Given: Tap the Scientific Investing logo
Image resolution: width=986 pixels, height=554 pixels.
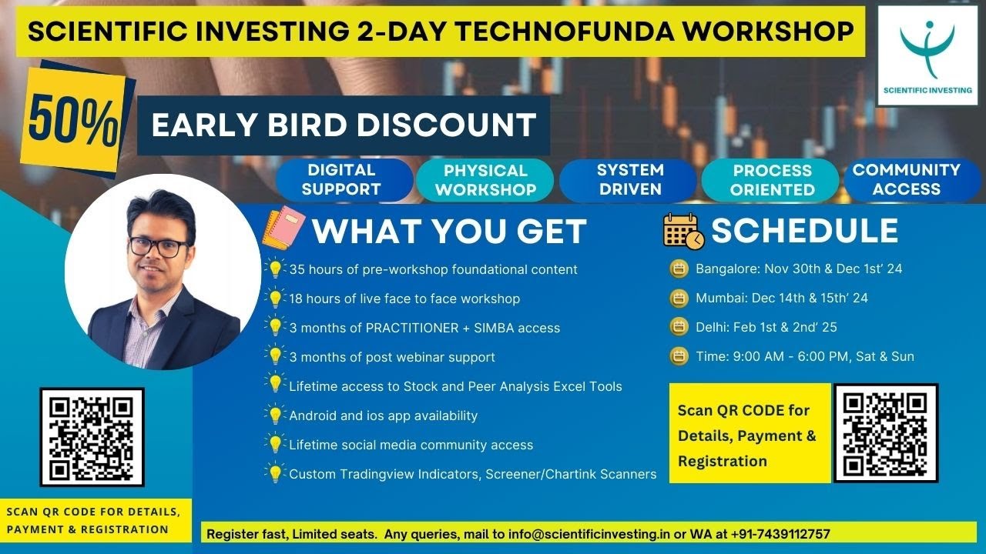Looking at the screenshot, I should [927, 53].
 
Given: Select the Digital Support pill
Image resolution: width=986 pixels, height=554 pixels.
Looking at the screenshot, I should [341, 179].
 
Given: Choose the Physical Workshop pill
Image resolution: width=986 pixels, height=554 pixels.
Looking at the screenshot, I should [485, 180].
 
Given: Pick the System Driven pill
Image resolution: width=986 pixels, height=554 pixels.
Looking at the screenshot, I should [630, 179].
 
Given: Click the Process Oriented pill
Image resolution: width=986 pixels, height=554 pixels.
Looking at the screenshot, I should [772, 180].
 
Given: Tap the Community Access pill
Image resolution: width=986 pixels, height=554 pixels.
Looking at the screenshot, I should [906, 179].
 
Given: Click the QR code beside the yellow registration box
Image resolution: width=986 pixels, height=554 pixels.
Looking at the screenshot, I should [886, 433].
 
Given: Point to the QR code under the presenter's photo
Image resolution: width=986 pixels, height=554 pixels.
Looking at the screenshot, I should [92, 437].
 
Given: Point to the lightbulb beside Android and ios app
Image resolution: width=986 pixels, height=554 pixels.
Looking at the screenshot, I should [275, 415].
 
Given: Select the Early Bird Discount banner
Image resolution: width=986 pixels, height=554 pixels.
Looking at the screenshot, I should [344, 125].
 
